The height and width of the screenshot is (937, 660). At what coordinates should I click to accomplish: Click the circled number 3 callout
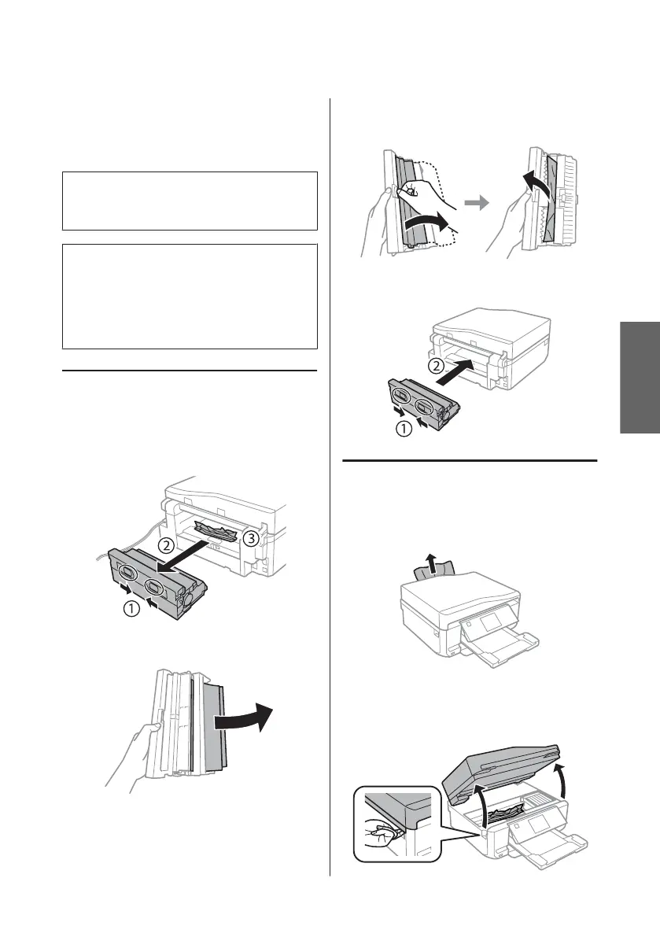[x=249, y=537]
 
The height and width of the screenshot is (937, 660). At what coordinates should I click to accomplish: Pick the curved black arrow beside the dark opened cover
[x=249, y=716]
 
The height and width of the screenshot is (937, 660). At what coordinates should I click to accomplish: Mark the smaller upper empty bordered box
[x=190, y=201]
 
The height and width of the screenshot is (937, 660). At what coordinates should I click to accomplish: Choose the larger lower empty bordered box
[x=190, y=295]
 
